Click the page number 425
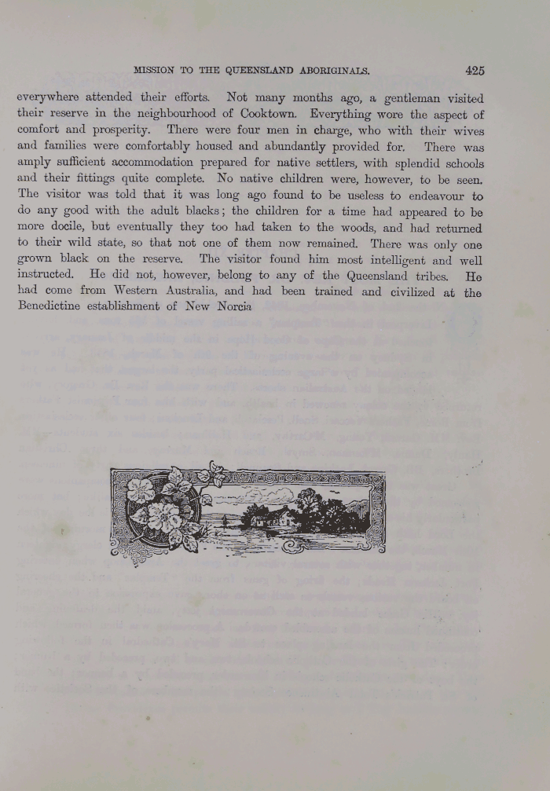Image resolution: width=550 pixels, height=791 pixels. tap(475, 70)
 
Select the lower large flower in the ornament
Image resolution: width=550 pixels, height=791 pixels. tap(165, 518)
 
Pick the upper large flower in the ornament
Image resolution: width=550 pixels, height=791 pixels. tap(141, 490)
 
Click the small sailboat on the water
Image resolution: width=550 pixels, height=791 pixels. tap(225, 521)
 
